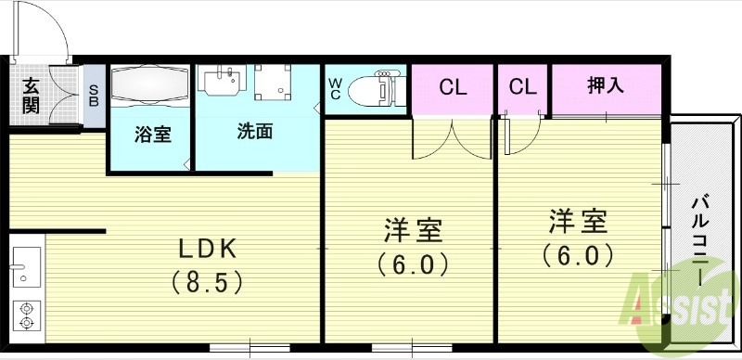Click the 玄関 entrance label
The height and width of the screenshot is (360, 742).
(x=31, y=96)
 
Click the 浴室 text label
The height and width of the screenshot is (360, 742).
(x=152, y=134)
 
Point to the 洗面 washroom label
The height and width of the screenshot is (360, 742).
(x=253, y=131)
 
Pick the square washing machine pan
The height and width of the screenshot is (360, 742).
(x=274, y=84)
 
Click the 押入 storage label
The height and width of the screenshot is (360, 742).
(x=606, y=86)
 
